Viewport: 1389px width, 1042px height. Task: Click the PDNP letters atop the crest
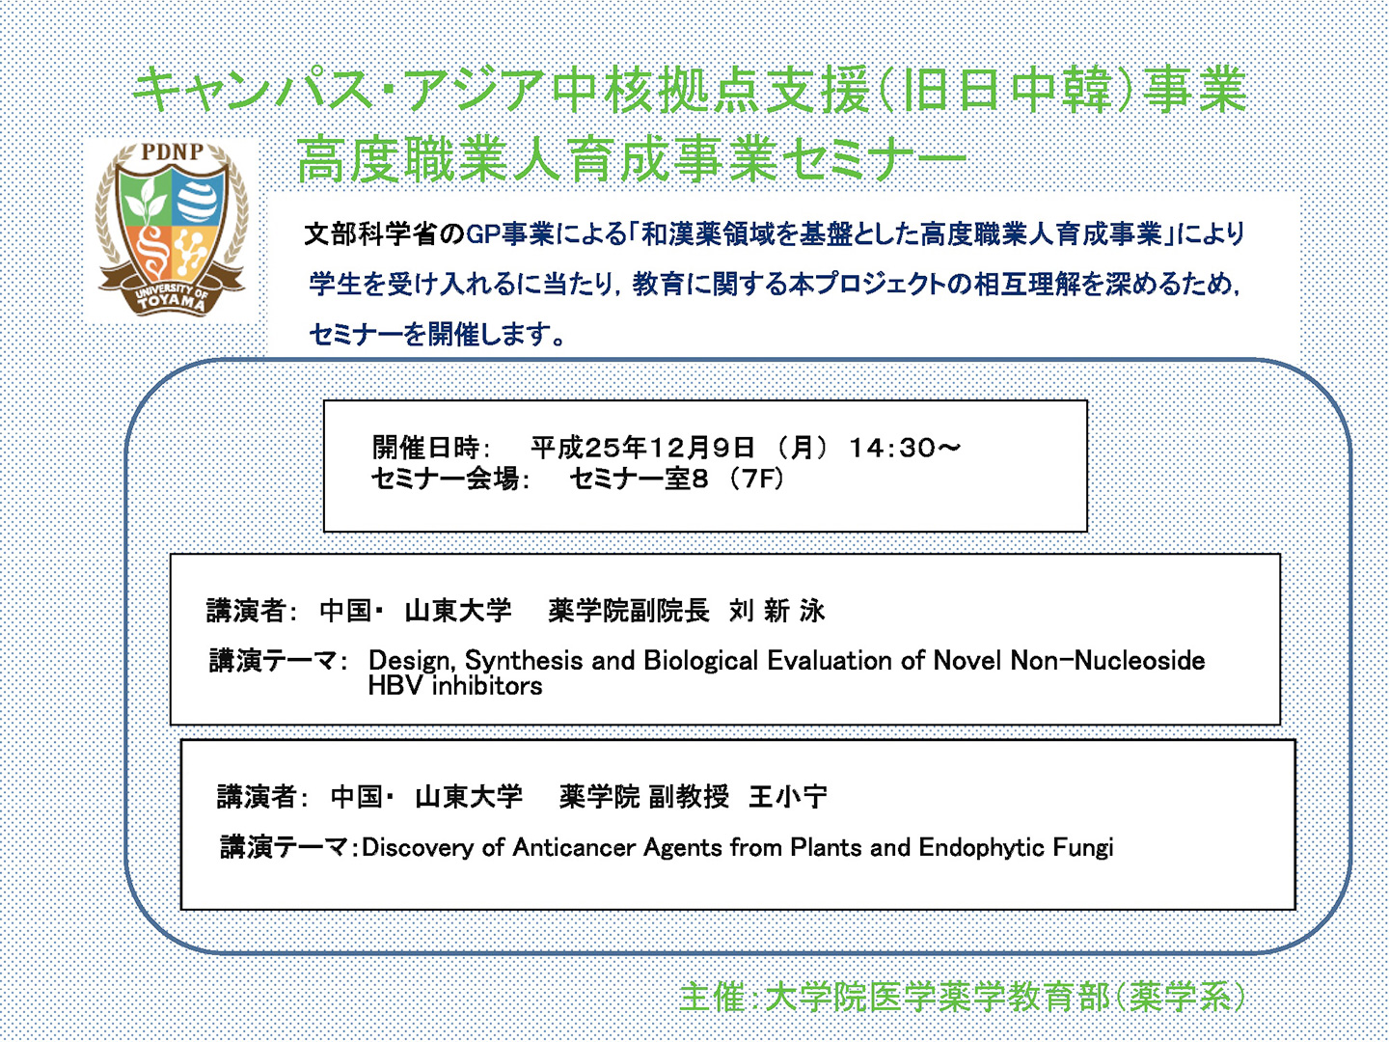click(x=172, y=151)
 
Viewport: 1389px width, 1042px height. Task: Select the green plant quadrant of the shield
click(x=147, y=199)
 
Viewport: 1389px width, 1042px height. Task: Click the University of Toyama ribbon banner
click(x=172, y=295)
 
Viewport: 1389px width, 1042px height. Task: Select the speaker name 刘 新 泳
click(x=777, y=611)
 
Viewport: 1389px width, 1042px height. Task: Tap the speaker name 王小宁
click(x=788, y=797)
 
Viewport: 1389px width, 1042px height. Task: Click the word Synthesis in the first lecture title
click(x=524, y=661)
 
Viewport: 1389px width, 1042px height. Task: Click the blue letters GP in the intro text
click(x=483, y=234)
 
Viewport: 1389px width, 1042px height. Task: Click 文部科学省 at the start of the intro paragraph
click(x=371, y=234)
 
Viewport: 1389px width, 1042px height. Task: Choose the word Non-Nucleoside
click(x=1107, y=661)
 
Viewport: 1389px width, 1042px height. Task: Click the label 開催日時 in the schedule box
click(x=426, y=448)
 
